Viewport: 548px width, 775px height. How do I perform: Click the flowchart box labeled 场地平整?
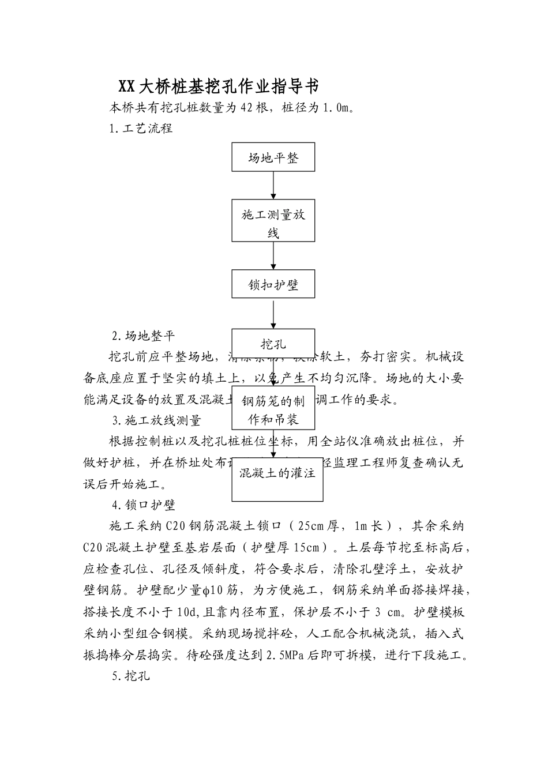pos(273,157)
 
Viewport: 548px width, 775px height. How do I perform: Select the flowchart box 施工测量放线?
pos(273,220)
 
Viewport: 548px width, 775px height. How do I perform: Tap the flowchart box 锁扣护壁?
pos(273,284)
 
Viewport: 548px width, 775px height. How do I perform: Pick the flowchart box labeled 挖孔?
pos(273,344)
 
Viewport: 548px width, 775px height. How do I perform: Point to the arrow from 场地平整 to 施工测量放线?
pos(273,185)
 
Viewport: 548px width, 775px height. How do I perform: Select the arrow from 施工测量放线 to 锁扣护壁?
pos(273,255)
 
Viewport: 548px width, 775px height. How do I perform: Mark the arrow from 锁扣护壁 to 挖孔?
pos(273,313)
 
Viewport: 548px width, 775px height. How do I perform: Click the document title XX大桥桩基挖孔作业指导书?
pos(219,86)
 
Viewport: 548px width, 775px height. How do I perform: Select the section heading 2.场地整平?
pos(143,336)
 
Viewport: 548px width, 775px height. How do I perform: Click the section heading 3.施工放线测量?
pos(156,420)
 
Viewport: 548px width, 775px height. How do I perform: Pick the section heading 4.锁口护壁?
pos(144,505)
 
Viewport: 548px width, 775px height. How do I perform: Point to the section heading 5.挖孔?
pos(131,676)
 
